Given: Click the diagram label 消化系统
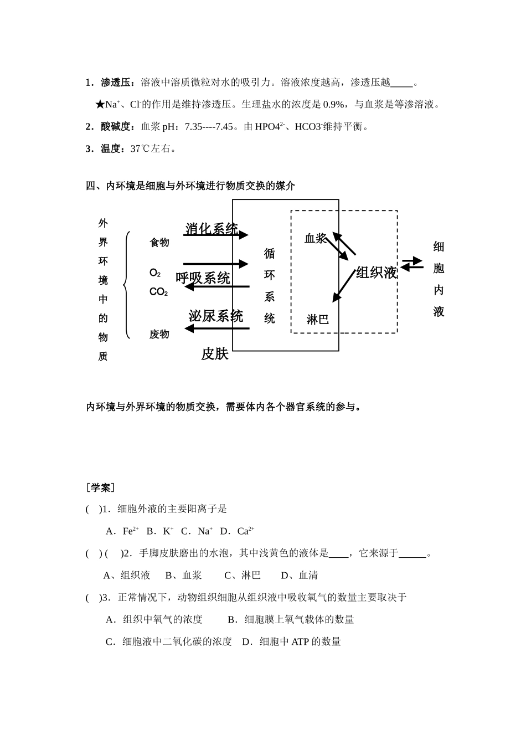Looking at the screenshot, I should tap(212, 228).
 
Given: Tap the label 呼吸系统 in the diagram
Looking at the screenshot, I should tap(203, 278).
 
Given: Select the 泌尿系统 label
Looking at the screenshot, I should tap(215, 316).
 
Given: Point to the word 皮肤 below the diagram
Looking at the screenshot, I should tap(215, 354).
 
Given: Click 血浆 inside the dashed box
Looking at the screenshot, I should tap(315, 238).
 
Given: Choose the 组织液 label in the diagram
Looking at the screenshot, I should tap(377, 273).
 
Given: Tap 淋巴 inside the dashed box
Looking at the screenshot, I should tap(318, 320).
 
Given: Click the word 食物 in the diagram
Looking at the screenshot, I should tap(159, 243).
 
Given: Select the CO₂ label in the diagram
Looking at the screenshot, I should tap(158, 292).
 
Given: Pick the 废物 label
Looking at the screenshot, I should tap(159, 334).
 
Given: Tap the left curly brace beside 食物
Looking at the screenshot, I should tap(127, 285).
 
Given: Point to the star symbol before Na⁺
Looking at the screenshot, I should tap(100, 104).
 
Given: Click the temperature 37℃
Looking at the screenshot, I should tap(140, 148).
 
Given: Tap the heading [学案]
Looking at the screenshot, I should tap(100, 487).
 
